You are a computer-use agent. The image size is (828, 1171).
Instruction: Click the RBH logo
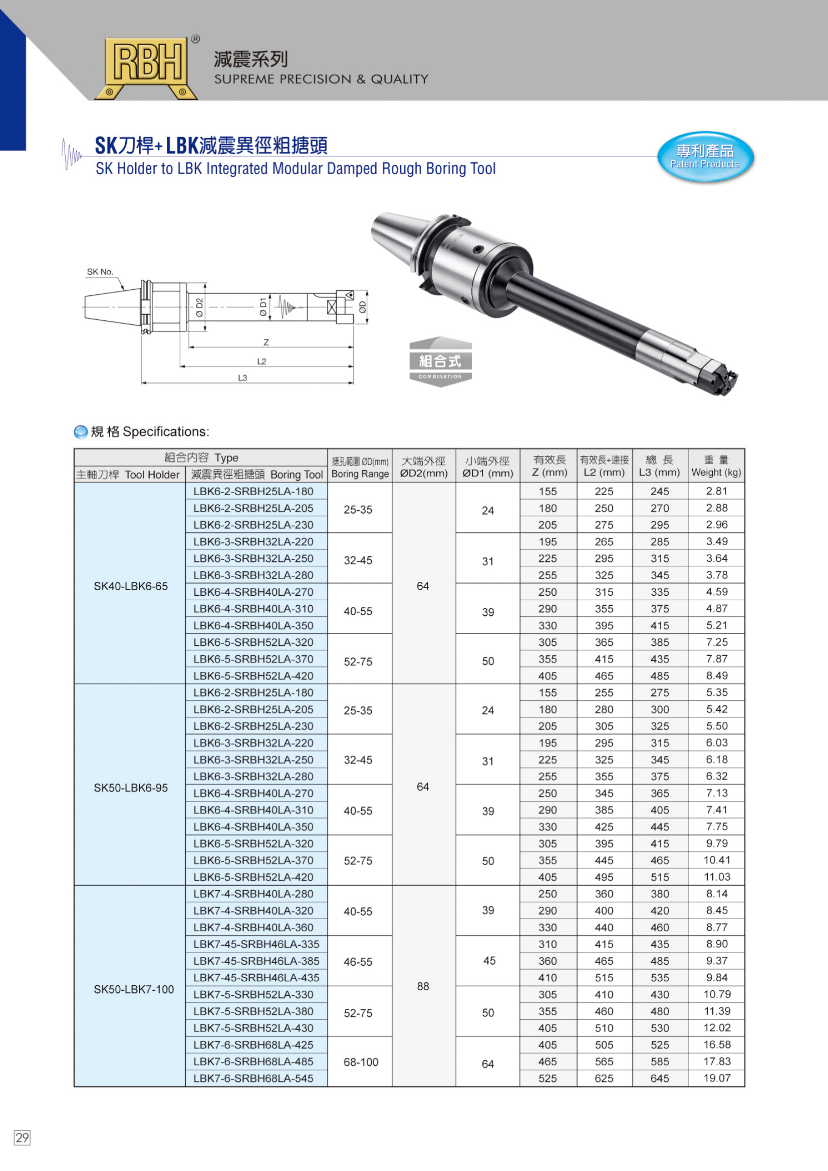coord(147,65)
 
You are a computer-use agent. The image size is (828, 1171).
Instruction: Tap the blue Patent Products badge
coord(705,156)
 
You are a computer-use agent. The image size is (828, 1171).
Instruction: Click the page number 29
coord(22,1137)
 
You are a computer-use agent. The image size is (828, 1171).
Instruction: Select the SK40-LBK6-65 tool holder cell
coord(131,586)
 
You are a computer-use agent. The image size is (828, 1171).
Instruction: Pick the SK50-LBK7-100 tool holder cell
coord(134,989)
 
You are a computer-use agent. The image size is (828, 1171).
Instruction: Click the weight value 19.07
coord(717,1078)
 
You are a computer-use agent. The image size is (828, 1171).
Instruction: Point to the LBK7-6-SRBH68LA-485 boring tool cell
coord(253,1061)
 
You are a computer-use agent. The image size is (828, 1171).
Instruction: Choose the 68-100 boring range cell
coord(361,1062)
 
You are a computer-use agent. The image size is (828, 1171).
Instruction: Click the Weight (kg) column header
coord(716,466)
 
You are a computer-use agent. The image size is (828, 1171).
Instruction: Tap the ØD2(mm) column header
coord(423,466)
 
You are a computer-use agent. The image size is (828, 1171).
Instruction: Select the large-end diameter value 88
coord(423,986)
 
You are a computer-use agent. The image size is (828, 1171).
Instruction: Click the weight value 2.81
coord(717,491)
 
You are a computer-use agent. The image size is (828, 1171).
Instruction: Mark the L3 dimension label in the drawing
coord(242,377)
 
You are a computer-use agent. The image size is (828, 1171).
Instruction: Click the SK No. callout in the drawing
coord(100,272)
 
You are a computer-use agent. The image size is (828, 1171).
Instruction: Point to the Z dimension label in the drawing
coord(266,342)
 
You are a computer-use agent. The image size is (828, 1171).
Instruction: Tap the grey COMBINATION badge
coord(440,362)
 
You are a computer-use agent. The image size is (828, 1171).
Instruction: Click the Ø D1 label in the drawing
coord(263,306)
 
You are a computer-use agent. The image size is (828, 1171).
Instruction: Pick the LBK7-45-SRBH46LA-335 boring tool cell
coord(256,944)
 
